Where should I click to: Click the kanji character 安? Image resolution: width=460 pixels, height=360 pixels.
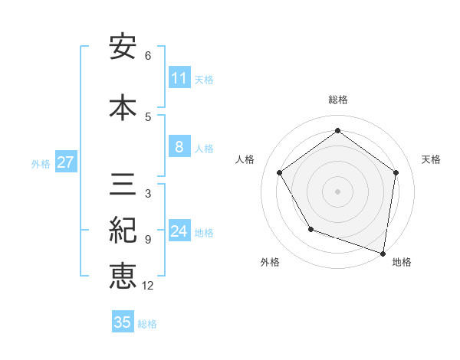123,47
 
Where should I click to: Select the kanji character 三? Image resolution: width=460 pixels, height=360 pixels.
123,186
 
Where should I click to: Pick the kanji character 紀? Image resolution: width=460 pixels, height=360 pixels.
123,231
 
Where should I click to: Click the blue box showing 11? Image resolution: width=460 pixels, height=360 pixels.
179,78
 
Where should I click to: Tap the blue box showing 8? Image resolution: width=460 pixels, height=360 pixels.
179,147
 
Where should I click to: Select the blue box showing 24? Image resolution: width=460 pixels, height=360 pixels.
179,231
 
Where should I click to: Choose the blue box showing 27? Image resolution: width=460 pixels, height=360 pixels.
66,162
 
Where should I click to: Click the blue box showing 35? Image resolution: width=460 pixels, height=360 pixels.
123,322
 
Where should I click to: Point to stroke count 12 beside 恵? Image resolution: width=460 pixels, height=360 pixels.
147,286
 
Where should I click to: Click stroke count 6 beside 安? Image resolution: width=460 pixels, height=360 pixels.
148,56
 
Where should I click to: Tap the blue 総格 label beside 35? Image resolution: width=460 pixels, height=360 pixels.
147,324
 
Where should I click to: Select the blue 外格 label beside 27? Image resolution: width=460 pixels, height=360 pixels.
41,164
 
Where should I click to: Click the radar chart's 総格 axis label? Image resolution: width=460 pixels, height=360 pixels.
337,100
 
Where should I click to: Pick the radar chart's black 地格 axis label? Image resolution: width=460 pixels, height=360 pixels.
402,262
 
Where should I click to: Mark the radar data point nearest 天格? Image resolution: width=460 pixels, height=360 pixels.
396,172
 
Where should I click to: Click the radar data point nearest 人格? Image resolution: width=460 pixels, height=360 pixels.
280,172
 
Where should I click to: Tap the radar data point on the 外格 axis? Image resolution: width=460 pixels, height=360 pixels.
310,229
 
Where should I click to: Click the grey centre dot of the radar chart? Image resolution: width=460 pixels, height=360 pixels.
337,191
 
